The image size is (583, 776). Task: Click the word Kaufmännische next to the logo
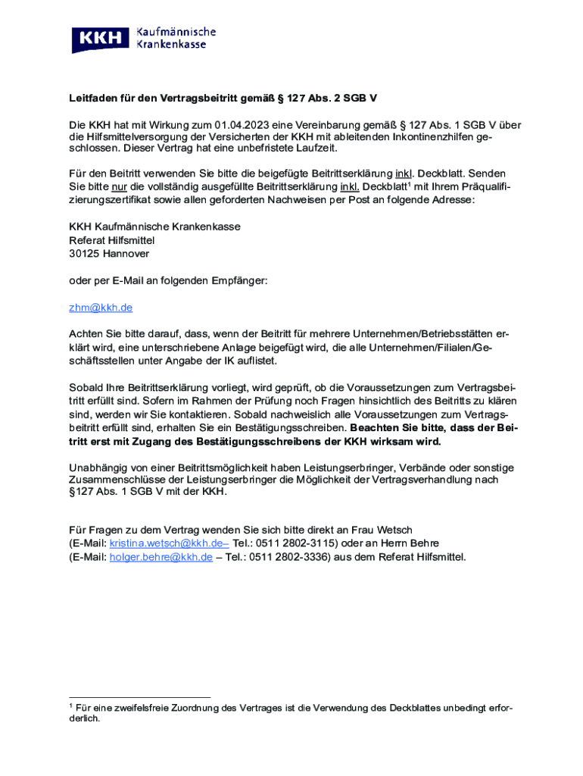(x=176, y=32)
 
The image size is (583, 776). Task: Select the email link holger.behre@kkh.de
(x=161, y=557)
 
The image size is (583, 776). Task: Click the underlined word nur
(x=118, y=187)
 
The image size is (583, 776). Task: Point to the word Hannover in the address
(x=126, y=254)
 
